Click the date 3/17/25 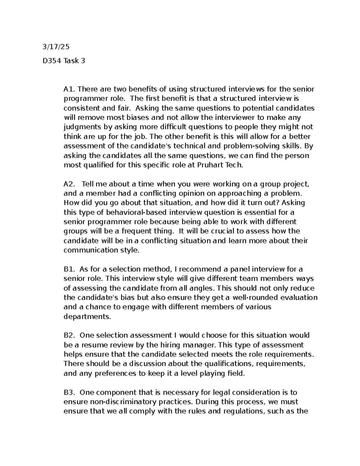tap(56, 47)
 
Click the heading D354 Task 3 tap(64, 61)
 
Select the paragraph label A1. tap(69, 89)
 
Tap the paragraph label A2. tap(69, 184)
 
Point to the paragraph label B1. tap(69, 269)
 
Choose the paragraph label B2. tap(69, 335)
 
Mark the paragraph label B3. tap(69, 392)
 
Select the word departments tap(87, 317)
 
